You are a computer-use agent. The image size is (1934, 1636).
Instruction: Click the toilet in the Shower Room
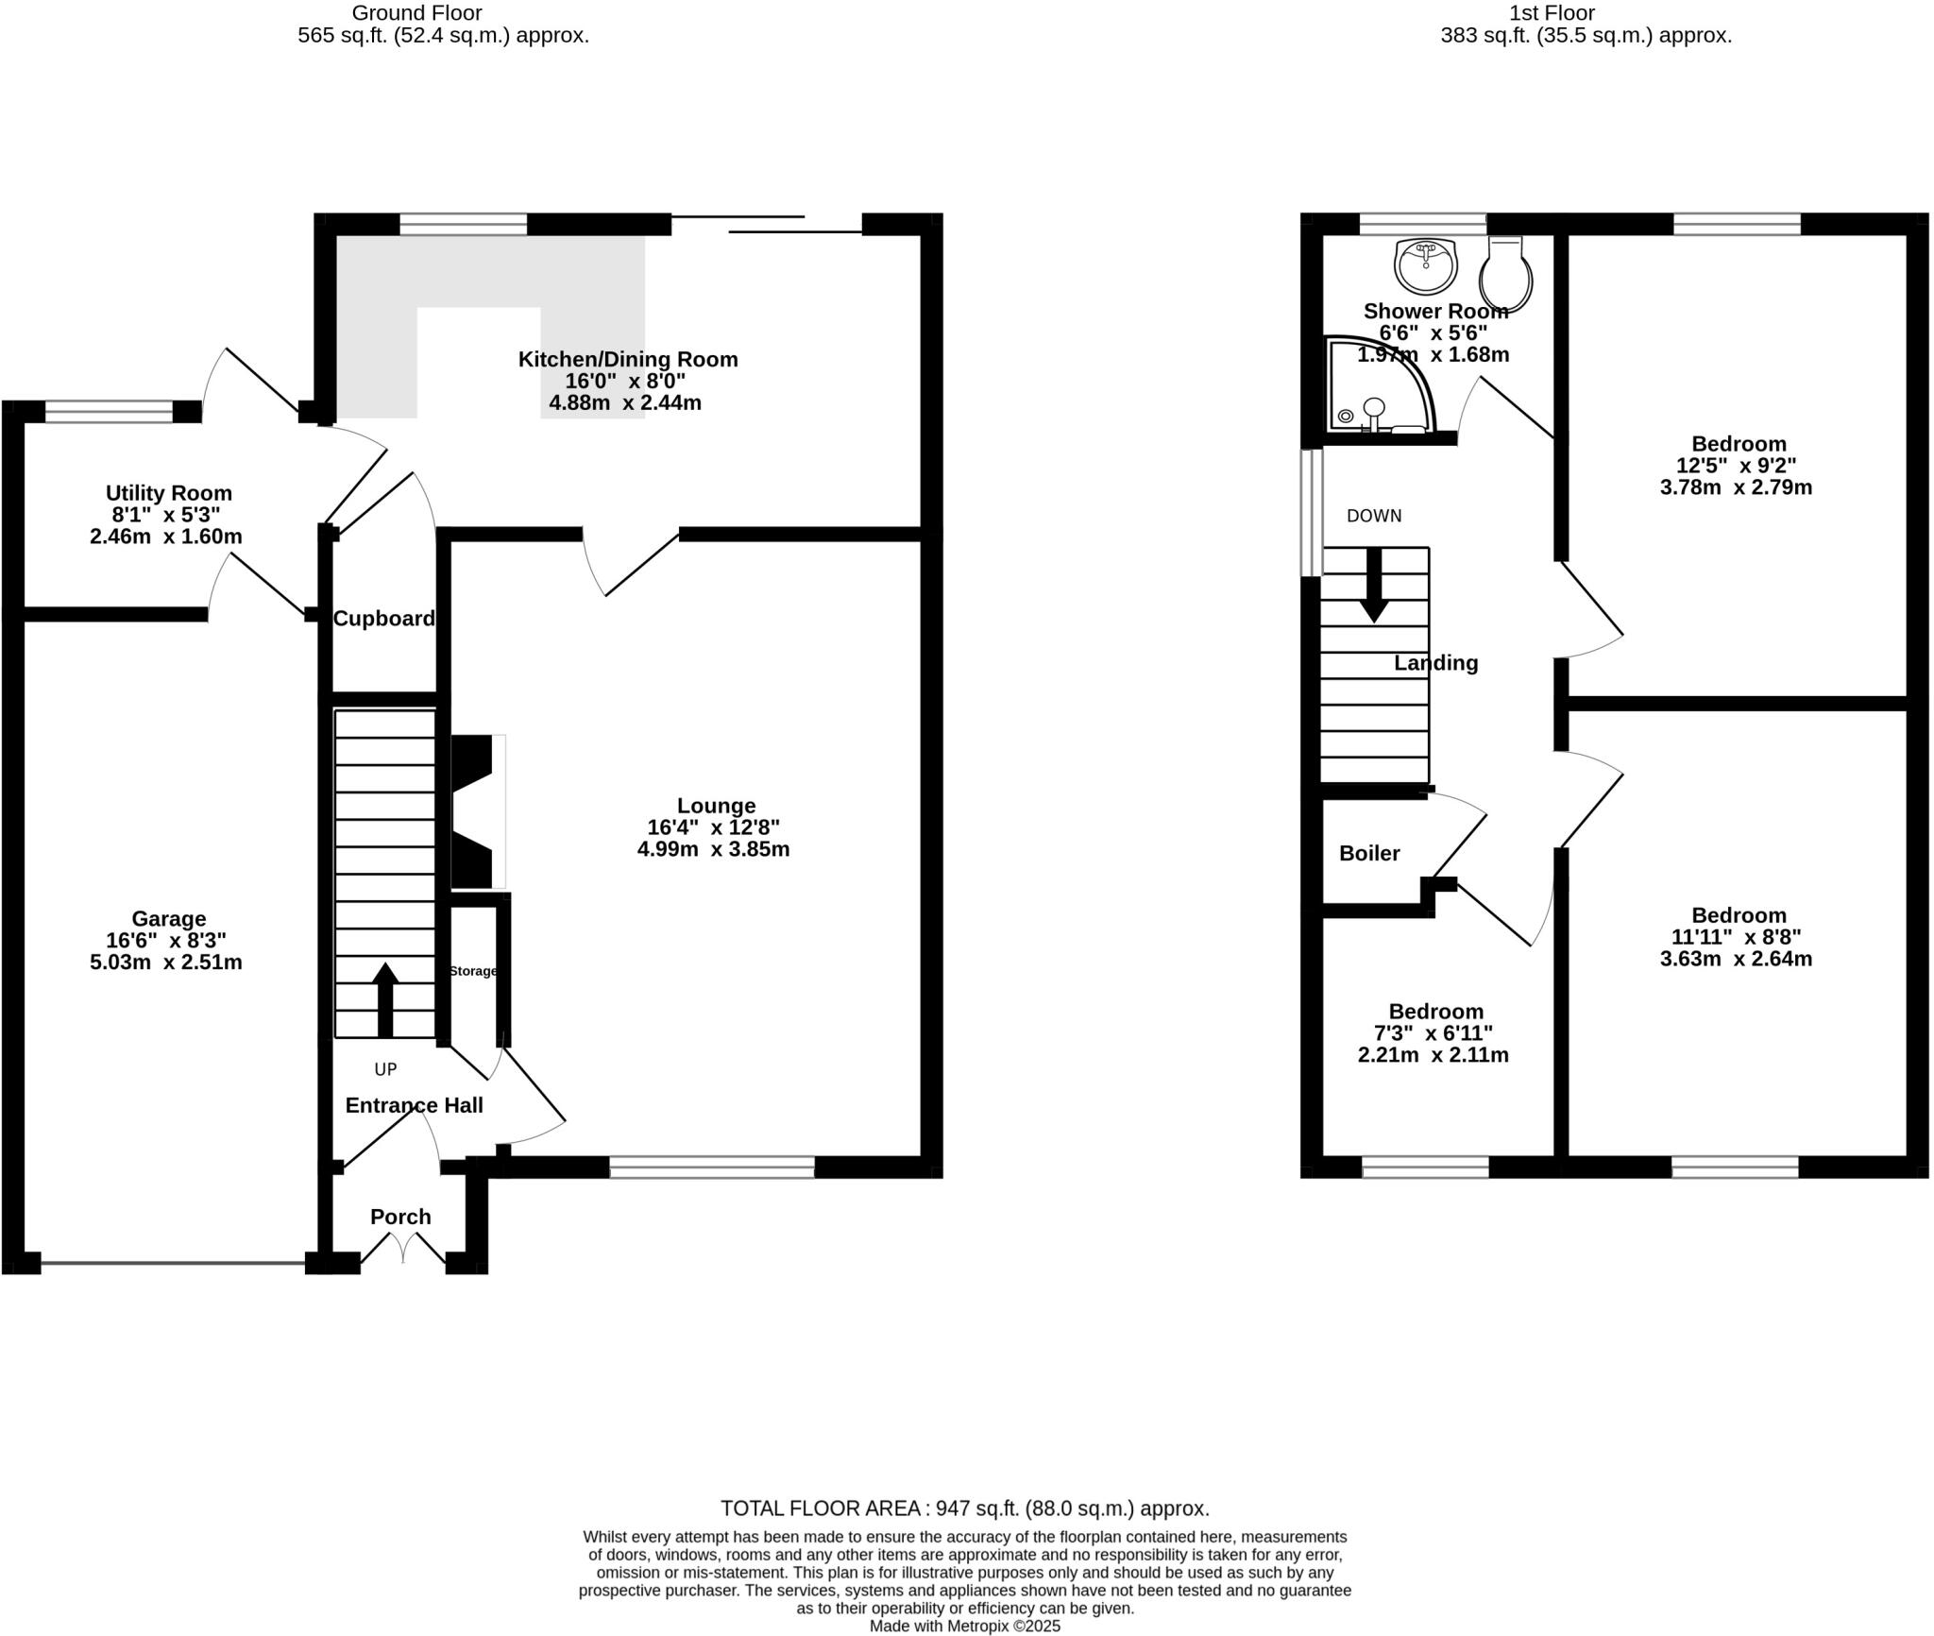tap(1505, 275)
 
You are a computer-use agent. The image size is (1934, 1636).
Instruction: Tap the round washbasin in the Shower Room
tap(1426, 264)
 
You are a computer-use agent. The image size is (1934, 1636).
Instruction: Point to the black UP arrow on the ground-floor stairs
tap(385, 999)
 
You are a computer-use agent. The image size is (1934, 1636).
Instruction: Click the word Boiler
tap(1369, 853)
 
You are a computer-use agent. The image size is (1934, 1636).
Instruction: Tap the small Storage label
tap(473, 971)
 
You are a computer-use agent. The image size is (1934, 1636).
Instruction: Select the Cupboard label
tap(384, 619)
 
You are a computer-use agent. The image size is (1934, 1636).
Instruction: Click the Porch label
tap(400, 1217)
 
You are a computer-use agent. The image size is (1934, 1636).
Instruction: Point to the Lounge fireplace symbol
tap(477, 813)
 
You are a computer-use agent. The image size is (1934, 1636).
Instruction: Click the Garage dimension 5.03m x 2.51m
tap(166, 963)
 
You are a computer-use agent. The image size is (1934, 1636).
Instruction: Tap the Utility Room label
tap(168, 493)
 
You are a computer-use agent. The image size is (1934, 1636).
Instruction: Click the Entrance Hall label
tap(414, 1105)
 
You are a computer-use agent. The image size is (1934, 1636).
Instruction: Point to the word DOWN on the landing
tap(1374, 516)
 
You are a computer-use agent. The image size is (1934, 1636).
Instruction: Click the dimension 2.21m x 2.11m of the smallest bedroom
tap(1433, 1055)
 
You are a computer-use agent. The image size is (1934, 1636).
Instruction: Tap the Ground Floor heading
tap(416, 13)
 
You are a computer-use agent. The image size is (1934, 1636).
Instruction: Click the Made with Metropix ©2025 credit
tap(964, 1626)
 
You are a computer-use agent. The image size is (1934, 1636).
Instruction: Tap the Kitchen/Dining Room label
tap(628, 359)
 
